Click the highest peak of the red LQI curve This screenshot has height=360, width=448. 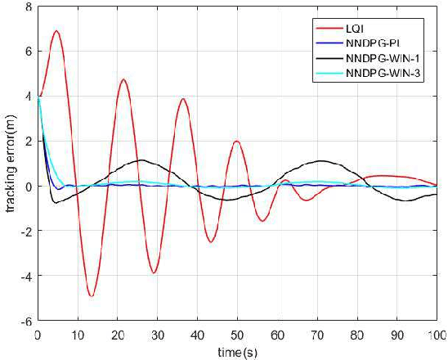[56, 31]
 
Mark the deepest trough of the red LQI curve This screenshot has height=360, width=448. [92, 295]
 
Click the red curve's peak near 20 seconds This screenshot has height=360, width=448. [123, 79]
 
